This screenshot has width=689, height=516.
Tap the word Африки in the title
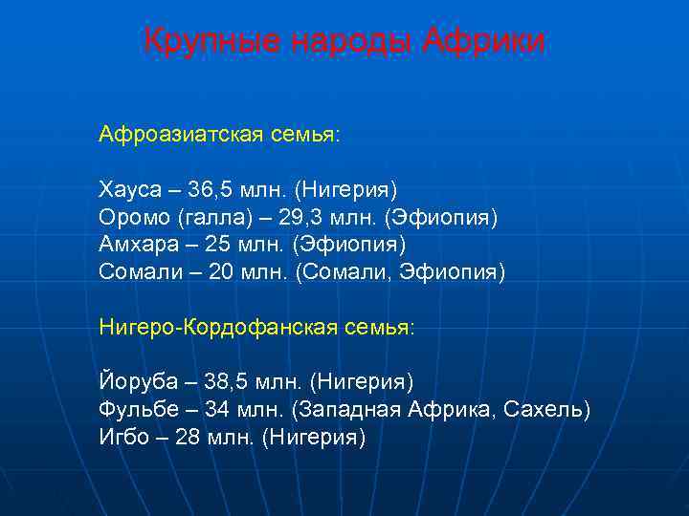pos(484,41)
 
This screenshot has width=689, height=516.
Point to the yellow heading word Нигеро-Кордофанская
pos(207,328)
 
